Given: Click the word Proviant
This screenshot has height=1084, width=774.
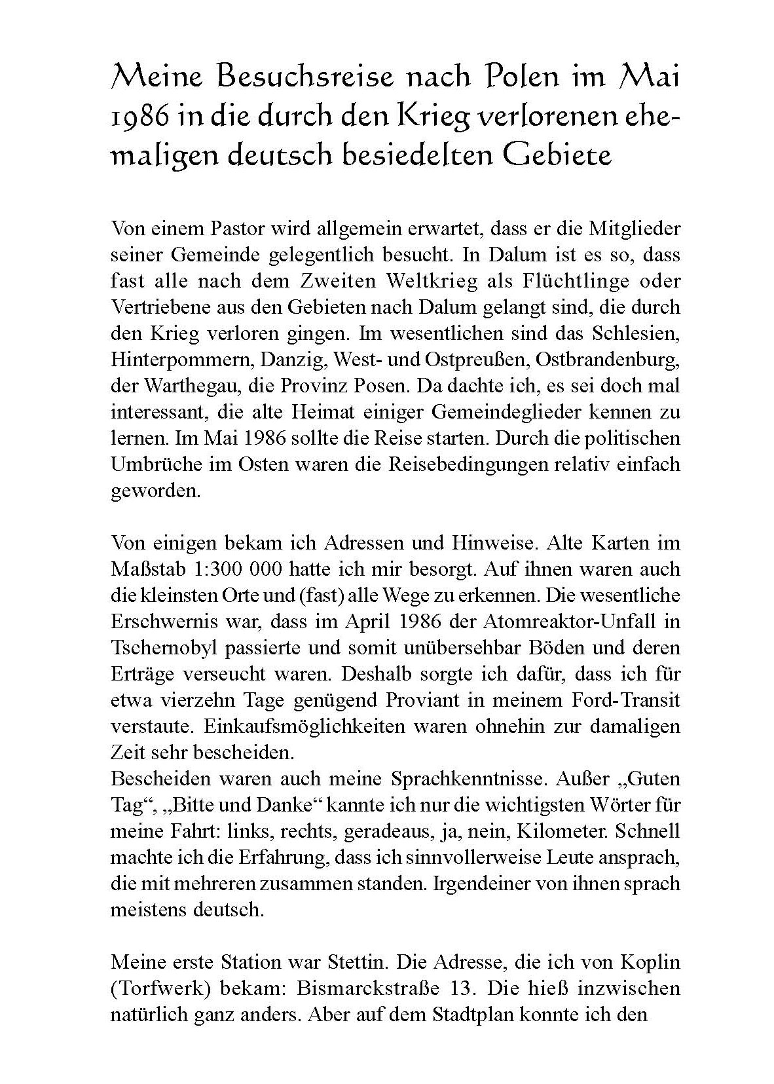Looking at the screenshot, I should (x=420, y=700).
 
